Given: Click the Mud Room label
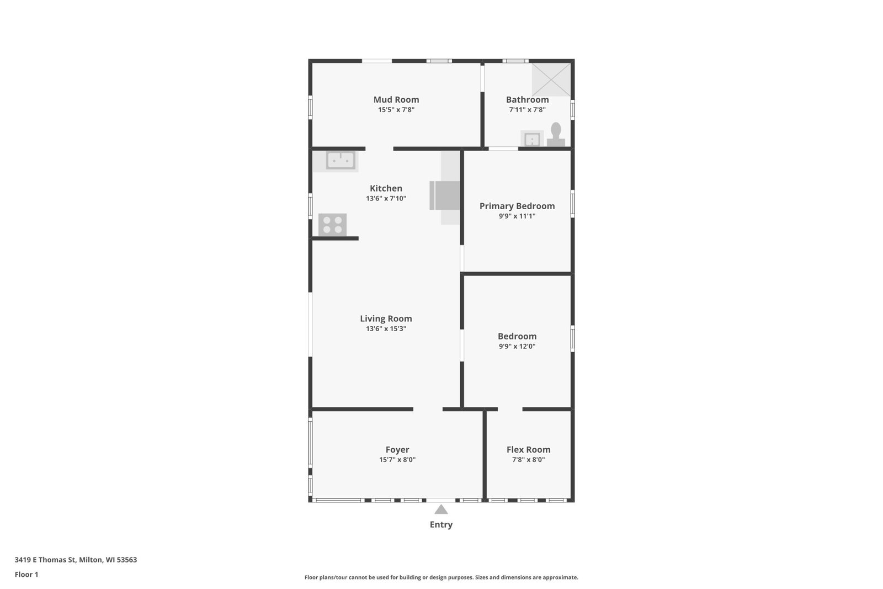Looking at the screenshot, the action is click(396, 100).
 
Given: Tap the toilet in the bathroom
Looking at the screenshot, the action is click(556, 135).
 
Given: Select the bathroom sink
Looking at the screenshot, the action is click(532, 139).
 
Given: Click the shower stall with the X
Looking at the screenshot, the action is click(551, 79).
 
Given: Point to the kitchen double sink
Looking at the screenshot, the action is click(341, 161).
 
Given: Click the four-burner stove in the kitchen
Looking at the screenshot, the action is click(332, 225).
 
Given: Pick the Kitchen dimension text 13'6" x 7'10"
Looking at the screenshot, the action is click(386, 198).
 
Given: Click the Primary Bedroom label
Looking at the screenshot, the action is click(517, 206).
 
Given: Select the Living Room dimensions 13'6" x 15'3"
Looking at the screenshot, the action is click(386, 329).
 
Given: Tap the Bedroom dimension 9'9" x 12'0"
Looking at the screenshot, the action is click(517, 347).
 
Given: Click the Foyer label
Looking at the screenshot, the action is click(397, 449).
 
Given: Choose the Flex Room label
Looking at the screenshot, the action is click(528, 449).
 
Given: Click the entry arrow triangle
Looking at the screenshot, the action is click(441, 510).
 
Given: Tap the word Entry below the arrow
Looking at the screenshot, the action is click(441, 524).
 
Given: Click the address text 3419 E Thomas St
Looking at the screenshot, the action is click(45, 560).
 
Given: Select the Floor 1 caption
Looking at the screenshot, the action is click(26, 575).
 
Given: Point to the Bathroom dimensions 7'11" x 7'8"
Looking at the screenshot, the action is click(527, 110).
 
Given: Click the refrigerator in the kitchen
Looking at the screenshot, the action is click(445, 195).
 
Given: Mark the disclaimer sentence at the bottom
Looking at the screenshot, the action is click(441, 577).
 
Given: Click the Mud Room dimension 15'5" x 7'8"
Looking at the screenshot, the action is click(396, 110).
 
